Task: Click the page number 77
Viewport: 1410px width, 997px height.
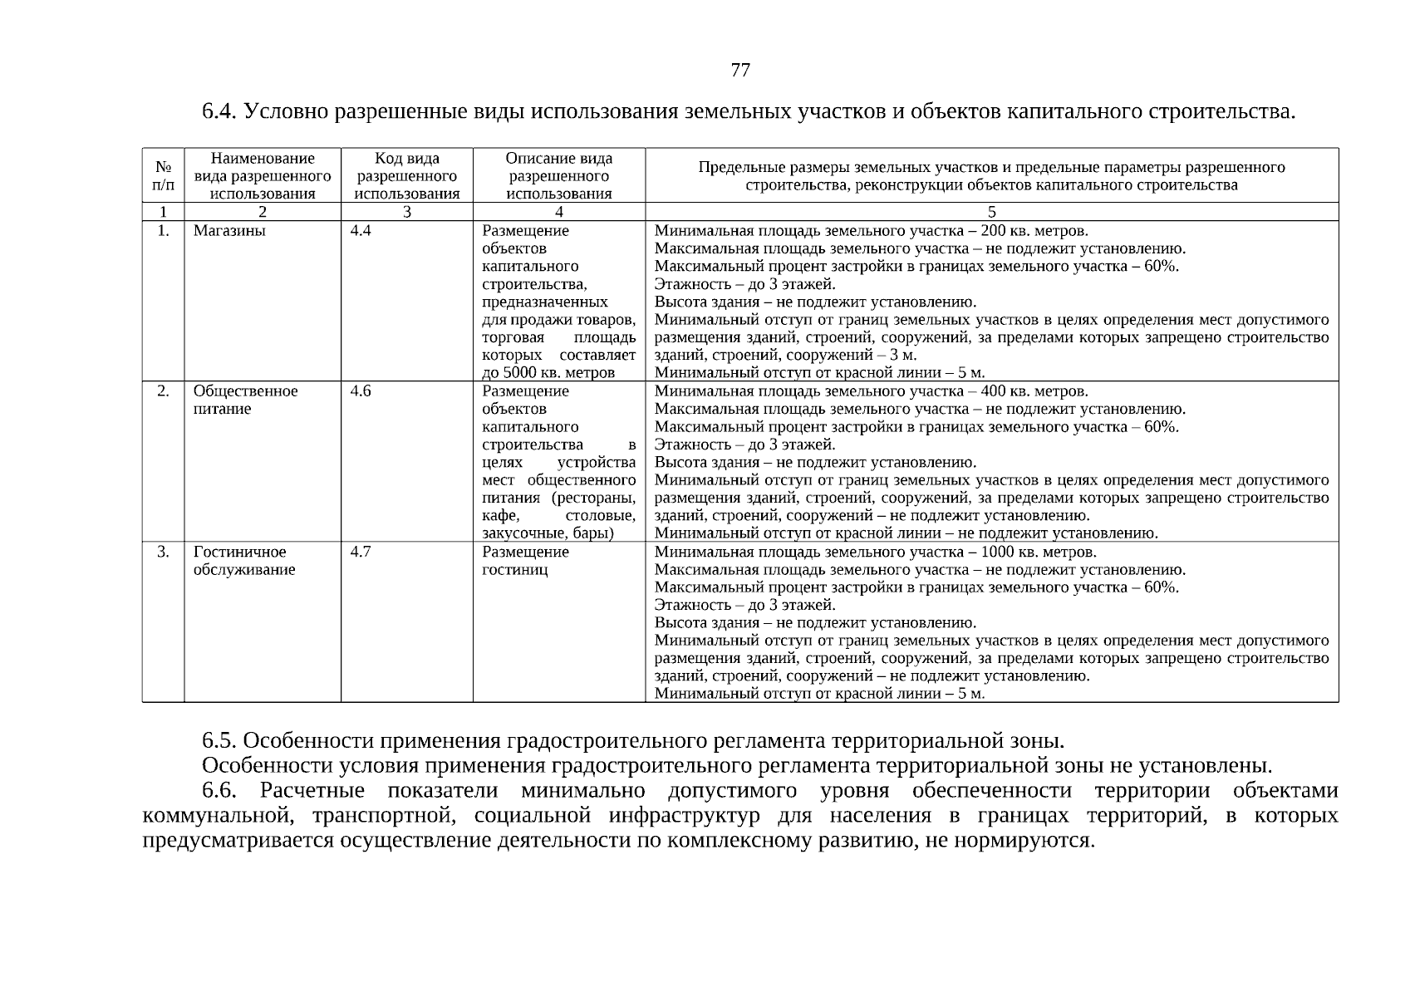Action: click(x=739, y=71)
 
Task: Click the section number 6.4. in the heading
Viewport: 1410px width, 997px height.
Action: click(x=219, y=111)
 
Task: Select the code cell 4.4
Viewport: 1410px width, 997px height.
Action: click(x=361, y=231)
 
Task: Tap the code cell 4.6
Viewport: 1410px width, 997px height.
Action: click(x=361, y=391)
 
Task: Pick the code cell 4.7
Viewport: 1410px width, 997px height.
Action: click(x=361, y=552)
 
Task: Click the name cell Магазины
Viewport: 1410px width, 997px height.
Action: click(x=229, y=231)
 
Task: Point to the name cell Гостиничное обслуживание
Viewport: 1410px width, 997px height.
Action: click(x=244, y=561)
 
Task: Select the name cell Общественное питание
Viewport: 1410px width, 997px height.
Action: click(x=245, y=400)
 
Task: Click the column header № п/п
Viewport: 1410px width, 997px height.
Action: click(x=163, y=175)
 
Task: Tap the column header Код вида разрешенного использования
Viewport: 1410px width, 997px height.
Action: click(x=406, y=175)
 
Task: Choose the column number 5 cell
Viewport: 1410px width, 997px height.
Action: click(x=991, y=212)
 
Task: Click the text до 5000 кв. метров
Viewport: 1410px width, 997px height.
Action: click(x=548, y=373)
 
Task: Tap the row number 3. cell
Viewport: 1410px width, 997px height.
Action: click(x=163, y=552)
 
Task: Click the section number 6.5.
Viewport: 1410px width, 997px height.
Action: click(x=219, y=740)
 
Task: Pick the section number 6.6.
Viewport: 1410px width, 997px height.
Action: click(x=219, y=790)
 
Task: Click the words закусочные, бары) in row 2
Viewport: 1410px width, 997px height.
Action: click(x=548, y=533)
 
